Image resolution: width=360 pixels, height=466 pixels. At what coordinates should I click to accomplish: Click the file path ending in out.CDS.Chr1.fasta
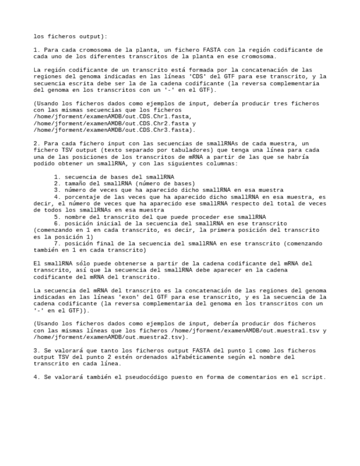click(112, 116)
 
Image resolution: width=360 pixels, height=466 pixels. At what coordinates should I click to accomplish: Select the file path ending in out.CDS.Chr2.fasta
click(112, 124)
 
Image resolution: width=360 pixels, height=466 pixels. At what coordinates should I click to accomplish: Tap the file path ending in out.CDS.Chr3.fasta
click(112, 130)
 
